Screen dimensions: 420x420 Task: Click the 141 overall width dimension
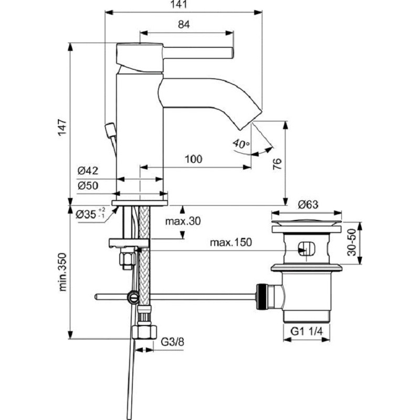(178, 4)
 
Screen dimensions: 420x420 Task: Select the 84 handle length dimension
(184, 24)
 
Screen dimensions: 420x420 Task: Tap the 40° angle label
(241, 144)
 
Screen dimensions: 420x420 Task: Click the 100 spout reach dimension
(193, 159)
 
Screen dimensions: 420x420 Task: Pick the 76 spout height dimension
(277, 164)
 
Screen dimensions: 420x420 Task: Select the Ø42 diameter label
(88, 171)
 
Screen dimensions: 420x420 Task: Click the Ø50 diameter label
(88, 185)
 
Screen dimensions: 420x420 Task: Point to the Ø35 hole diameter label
(90, 214)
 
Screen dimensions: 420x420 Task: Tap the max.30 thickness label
(183, 221)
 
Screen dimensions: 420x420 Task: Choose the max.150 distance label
(230, 243)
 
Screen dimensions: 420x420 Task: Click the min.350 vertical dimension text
(62, 271)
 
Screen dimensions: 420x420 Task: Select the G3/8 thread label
(172, 342)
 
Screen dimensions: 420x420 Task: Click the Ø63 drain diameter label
(308, 205)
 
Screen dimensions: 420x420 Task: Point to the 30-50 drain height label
(352, 242)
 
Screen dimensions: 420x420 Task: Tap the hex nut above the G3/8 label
(145, 332)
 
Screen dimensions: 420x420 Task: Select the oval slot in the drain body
(307, 249)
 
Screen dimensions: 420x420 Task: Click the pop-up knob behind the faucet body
(110, 130)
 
